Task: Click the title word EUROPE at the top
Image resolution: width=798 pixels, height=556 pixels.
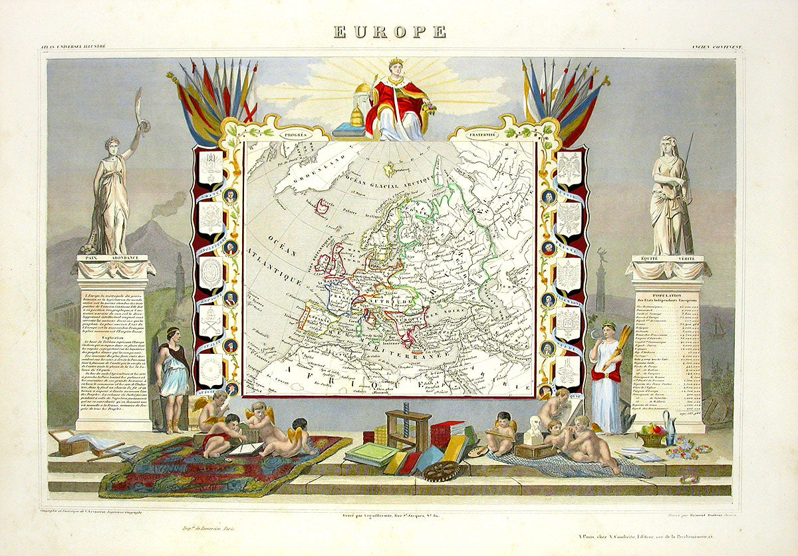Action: (x=390, y=31)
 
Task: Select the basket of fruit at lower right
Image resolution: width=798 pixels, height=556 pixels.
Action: (x=651, y=435)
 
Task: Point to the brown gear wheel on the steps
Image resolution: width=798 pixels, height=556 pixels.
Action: (x=440, y=470)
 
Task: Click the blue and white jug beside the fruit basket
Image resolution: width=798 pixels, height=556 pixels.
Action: (x=670, y=430)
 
